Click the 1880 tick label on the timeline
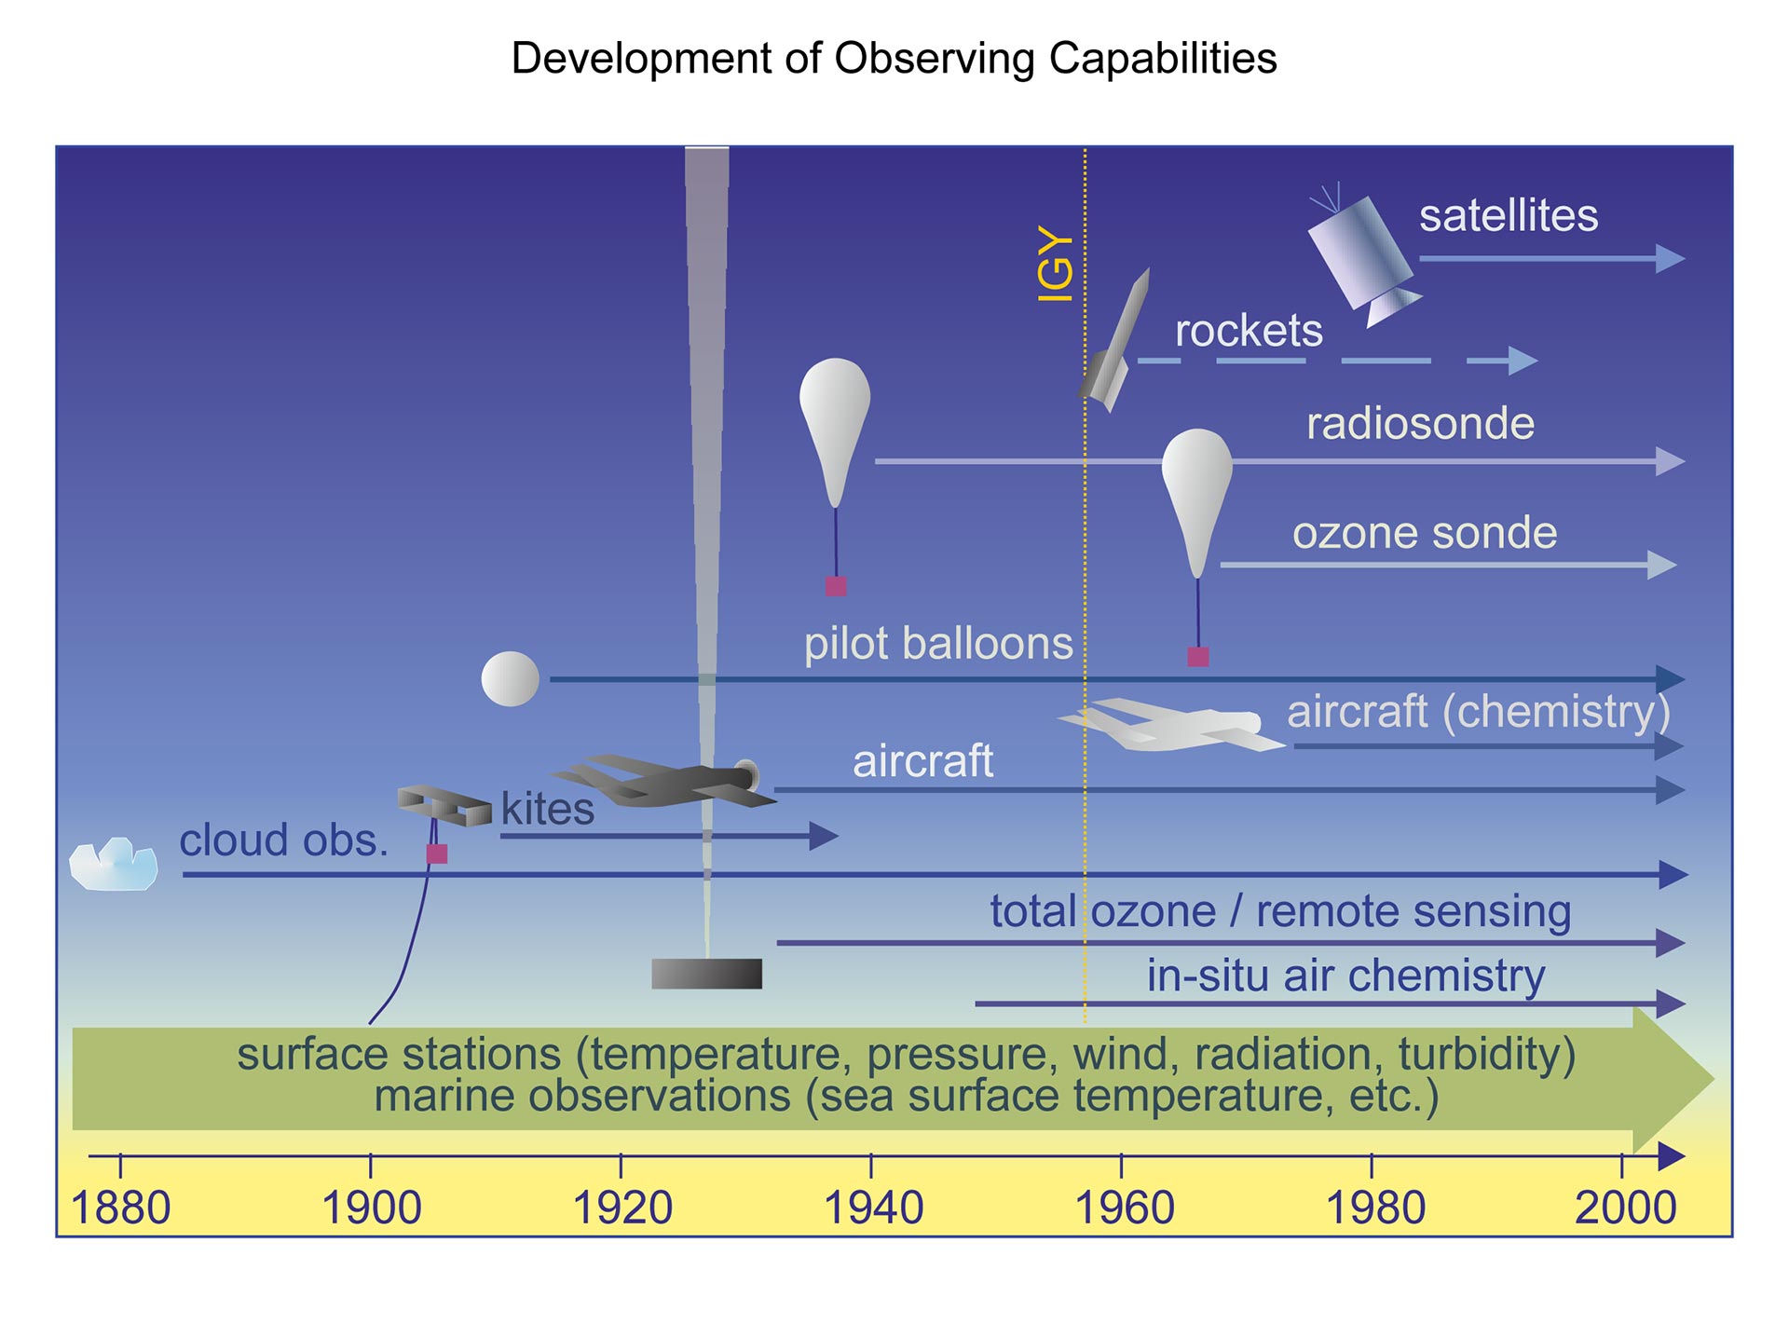121,1208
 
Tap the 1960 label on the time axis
1125,1208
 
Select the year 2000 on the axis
1626,1208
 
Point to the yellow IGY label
1056,264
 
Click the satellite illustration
1362,256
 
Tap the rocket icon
1115,340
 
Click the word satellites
1509,215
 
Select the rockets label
1249,331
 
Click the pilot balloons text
938,644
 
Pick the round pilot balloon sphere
510,678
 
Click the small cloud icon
114,864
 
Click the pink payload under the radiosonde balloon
836,586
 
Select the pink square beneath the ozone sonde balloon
1198,657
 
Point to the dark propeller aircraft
664,780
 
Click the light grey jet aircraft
1171,725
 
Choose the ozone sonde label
1425,533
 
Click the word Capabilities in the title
1163,59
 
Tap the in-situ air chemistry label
1345,976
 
